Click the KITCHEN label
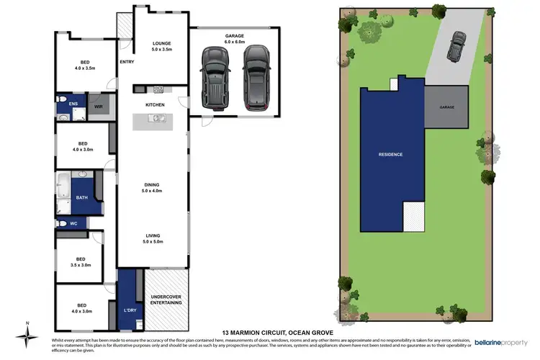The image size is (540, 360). click(x=156, y=105)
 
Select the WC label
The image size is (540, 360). click(x=73, y=224)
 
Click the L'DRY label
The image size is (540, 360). click(x=130, y=310)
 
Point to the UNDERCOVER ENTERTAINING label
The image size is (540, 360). click(x=166, y=300)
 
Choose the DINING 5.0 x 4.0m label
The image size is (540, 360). click(x=152, y=188)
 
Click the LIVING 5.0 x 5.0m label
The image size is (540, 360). click(x=152, y=239)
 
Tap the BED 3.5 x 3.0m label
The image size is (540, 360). click(x=81, y=262)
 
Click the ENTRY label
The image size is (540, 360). click(x=127, y=62)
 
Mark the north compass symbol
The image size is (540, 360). click(x=27, y=334)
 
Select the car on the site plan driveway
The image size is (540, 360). click(x=456, y=48)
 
